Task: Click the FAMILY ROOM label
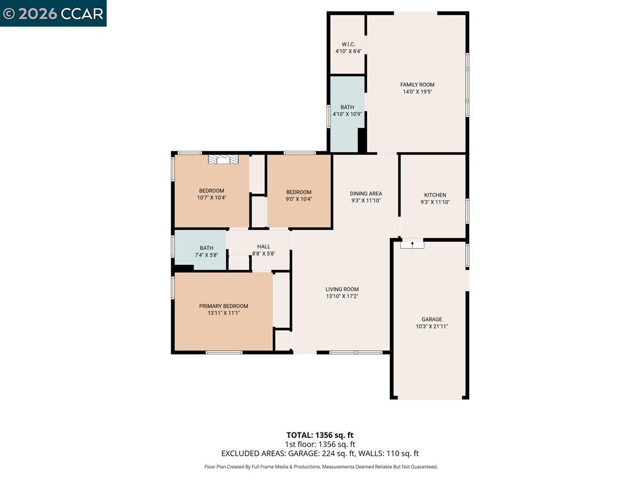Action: (x=417, y=84)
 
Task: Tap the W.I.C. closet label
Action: (x=348, y=44)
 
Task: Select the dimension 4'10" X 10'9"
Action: (x=347, y=114)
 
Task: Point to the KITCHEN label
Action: (x=435, y=195)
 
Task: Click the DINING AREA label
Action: (x=366, y=194)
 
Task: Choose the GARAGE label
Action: (x=431, y=319)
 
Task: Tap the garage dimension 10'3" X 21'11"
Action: (x=431, y=326)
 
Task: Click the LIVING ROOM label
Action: (x=342, y=289)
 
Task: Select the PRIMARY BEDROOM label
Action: (x=223, y=306)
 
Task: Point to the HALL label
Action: (x=263, y=246)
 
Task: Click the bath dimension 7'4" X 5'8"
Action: (x=206, y=255)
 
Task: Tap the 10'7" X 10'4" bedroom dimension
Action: (x=211, y=198)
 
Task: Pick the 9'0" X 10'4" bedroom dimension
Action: (x=299, y=199)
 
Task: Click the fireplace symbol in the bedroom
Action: (x=223, y=159)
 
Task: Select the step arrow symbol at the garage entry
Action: (x=412, y=244)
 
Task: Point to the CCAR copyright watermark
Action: (x=53, y=13)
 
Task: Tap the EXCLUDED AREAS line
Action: (x=320, y=453)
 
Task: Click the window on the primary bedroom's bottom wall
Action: (x=224, y=352)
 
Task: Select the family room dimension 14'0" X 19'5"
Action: (x=417, y=92)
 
